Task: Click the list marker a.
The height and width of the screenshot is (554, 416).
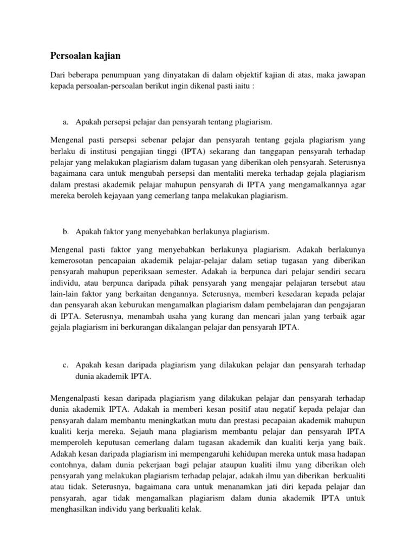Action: [66, 124]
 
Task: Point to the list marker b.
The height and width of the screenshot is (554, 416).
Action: [66, 232]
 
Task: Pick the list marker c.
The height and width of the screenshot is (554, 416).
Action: [66, 366]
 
